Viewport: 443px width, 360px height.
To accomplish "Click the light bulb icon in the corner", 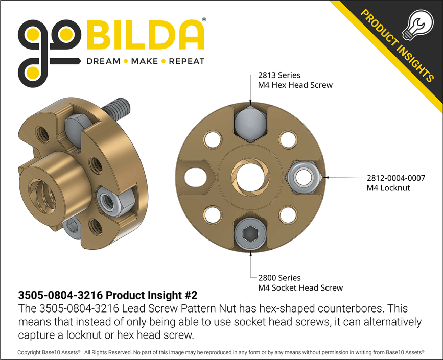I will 416,25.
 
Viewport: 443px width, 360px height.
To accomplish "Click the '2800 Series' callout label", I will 279,278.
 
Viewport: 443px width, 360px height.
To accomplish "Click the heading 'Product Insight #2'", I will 153,296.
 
